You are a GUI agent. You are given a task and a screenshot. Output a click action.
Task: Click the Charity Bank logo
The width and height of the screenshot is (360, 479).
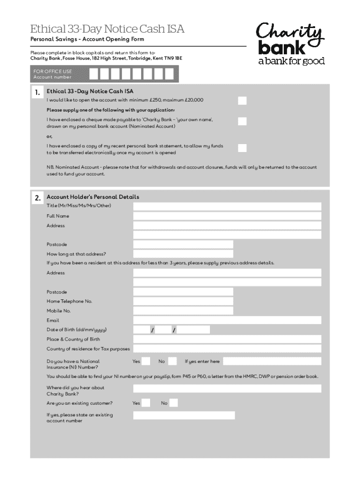tap(290, 44)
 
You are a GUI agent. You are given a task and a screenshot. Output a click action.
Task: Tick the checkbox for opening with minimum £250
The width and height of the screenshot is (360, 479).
tap(242, 101)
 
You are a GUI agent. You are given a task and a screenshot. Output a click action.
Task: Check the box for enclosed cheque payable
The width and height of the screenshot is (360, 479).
tap(242, 122)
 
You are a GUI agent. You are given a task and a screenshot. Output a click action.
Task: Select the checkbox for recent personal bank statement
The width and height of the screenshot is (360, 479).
tap(242, 148)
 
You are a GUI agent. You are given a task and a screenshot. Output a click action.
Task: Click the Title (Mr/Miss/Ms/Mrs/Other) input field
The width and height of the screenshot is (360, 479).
tap(227, 206)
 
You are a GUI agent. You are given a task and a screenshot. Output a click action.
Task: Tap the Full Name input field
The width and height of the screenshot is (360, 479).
tap(227, 216)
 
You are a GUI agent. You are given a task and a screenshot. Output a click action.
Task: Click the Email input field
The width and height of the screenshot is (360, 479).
tap(227, 320)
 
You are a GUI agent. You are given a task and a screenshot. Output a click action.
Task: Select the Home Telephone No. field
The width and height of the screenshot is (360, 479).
tap(183, 301)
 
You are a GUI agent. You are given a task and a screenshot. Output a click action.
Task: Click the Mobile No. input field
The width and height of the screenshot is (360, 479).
tap(183, 311)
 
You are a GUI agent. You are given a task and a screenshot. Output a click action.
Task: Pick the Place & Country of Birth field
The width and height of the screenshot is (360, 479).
tap(227, 339)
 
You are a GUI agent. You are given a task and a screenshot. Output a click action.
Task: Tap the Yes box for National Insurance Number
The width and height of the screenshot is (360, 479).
tap(146, 361)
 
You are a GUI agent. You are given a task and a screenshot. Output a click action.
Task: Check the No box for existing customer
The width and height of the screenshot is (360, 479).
tap(173, 403)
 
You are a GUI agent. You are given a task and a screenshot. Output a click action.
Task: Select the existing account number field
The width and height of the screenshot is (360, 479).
tap(184, 415)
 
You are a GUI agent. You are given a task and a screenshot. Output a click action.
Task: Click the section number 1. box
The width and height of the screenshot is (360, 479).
tap(37, 93)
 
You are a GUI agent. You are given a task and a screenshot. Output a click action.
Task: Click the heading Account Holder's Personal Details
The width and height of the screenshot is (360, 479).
tap(93, 197)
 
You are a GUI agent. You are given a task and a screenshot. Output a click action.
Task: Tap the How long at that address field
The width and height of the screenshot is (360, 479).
tap(183, 254)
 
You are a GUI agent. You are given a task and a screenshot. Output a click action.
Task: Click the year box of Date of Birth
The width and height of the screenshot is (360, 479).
tap(194, 330)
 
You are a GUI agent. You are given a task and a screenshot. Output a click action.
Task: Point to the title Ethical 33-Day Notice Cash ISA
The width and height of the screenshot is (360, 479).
tap(107, 29)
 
